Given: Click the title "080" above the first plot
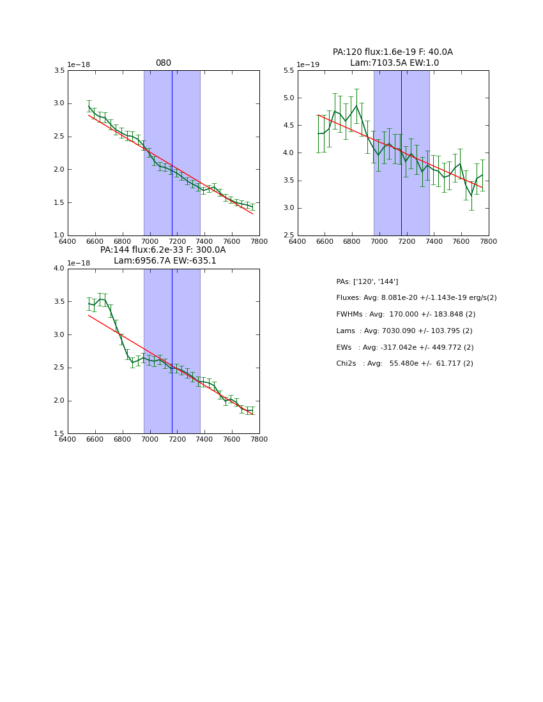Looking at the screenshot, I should click(x=164, y=63).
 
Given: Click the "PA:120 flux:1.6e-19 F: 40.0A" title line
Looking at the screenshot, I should click(x=392, y=52).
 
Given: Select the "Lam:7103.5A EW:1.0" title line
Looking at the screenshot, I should click(x=394, y=63).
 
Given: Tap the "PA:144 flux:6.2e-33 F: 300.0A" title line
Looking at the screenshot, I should click(x=163, y=250).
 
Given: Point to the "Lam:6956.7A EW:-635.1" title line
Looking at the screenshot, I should click(x=165, y=261).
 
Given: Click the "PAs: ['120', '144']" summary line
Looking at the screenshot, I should click(x=367, y=281).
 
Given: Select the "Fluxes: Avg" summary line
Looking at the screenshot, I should click(x=417, y=298).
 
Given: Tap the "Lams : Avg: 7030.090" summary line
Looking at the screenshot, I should click(x=404, y=331).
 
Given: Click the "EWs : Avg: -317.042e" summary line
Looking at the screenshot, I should click(x=405, y=348).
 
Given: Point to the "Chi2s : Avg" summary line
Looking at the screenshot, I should click(x=405, y=364).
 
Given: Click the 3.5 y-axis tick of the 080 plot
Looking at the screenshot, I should click(x=59, y=70).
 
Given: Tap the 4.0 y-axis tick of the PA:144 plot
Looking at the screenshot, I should click(x=59, y=269).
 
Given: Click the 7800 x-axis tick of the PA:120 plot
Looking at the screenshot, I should click(x=489, y=241).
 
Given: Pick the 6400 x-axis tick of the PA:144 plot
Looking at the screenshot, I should click(x=68, y=439).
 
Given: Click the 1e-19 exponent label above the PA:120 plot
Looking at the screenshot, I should click(x=308, y=64).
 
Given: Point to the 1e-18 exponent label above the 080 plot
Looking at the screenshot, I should click(x=79, y=64).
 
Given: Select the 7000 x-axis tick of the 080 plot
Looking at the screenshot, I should click(x=149, y=241).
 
